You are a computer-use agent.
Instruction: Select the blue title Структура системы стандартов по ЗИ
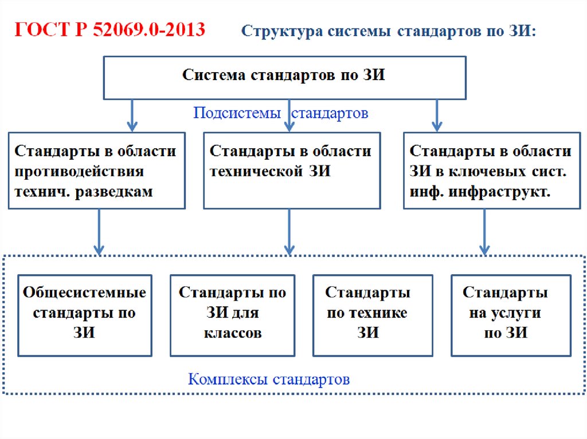tap(389, 31)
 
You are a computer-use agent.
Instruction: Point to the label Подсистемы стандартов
tap(280, 113)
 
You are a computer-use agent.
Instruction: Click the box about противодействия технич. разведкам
tap(96, 171)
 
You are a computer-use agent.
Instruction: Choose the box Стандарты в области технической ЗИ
tap(291, 171)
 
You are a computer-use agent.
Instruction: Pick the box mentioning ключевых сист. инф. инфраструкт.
tap(491, 171)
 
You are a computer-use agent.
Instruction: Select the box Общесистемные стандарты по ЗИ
tap(84, 315)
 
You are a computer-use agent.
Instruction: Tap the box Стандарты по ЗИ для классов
tap(232, 315)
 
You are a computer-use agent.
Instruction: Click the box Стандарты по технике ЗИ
tap(367, 315)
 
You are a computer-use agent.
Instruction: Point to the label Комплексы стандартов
tap(269, 379)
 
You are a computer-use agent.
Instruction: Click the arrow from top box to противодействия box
tap(132, 115)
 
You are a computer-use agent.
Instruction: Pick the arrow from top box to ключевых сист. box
tap(437, 115)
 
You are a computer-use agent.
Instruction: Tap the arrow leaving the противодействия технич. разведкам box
tap(99, 231)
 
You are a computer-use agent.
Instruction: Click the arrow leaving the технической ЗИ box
tap(289, 231)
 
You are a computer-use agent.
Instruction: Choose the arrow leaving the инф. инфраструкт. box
tap(484, 231)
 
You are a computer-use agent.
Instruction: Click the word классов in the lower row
tap(233, 334)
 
